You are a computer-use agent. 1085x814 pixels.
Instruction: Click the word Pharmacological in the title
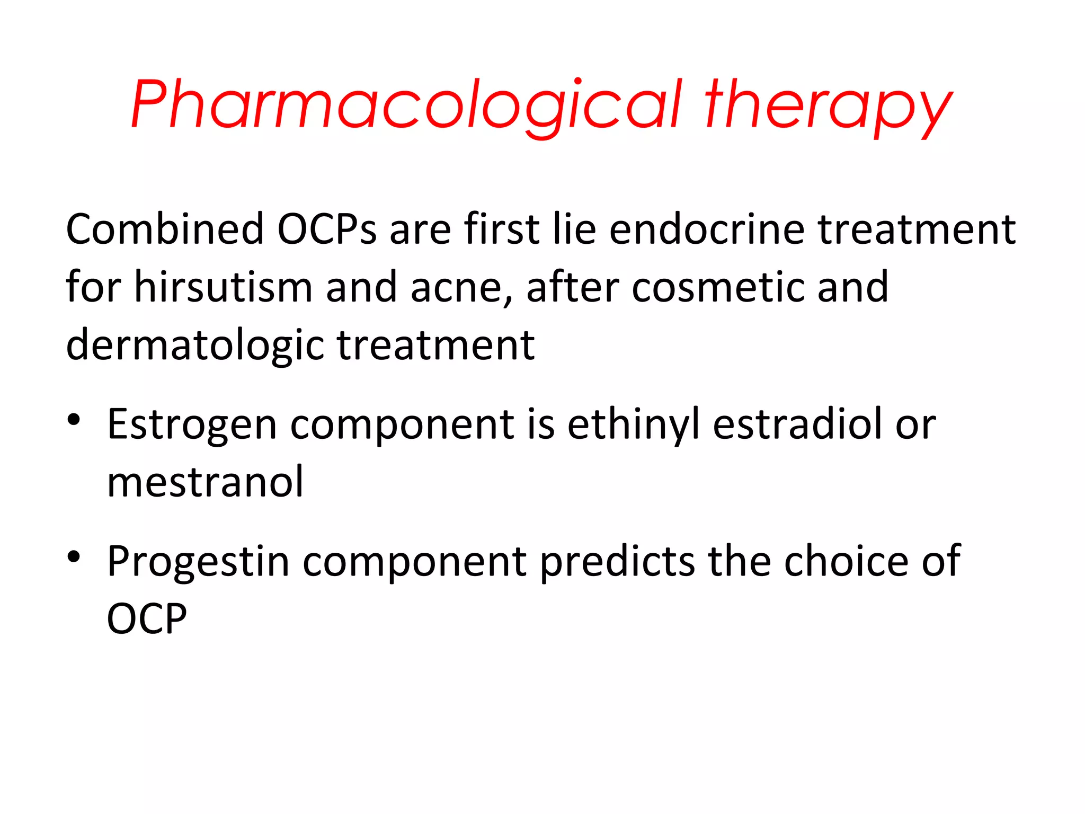pyautogui.click(x=406, y=105)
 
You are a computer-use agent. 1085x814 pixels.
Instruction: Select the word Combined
pyautogui.click(x=165, y=229)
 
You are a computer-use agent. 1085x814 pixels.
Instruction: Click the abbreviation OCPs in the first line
pyautogui.click(x=327, y=229)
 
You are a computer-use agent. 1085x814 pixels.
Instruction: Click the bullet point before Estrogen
pyautogui.click(x=74, y=420)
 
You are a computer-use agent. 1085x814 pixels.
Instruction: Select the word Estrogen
pyautogui.click(x=192, y=425)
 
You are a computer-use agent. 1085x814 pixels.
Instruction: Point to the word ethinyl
pyautogui.click(x=634, y=425)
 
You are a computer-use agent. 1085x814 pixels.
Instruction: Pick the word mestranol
pyautogui.click(x=206, y=482)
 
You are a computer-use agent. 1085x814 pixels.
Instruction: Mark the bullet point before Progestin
pyautogui.click(x=74, y=556)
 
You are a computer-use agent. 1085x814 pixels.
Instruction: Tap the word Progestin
pyautogui.click(x=198, y=562)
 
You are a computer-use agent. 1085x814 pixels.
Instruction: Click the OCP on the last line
pyautogui.click(x=147, y=618)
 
